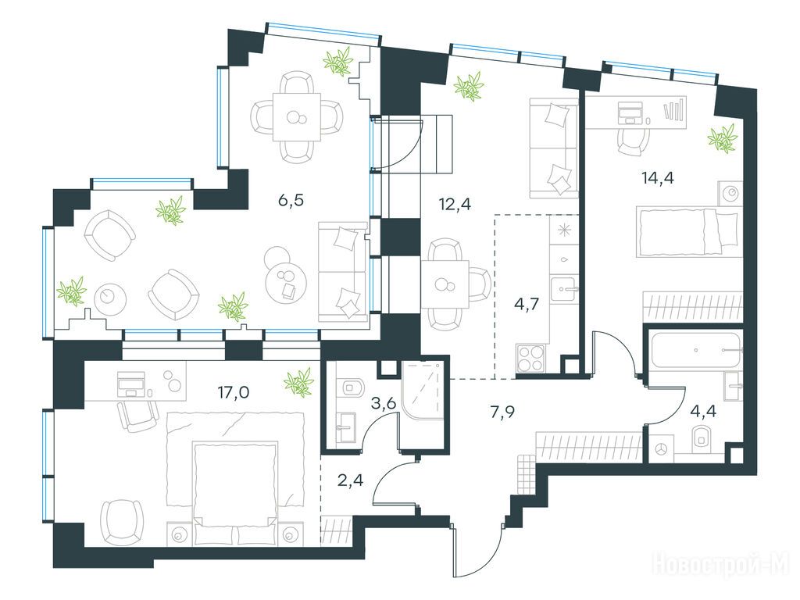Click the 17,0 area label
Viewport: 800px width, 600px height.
point(234,393)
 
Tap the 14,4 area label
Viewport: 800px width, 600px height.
point(658,178)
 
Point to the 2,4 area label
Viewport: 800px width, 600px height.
point(351,480)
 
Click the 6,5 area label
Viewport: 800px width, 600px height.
point(291,200)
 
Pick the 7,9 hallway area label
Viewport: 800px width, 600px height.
point(502,412)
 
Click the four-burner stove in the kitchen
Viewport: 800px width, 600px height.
point(531,359)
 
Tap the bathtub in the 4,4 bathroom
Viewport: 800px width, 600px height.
point(695,350)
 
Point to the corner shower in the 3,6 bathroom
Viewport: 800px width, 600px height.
point(424,390)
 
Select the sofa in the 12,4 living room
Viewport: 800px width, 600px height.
point(554,148)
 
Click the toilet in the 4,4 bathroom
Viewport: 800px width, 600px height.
point(704,439)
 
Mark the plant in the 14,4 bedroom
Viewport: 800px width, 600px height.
point(722,137)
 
